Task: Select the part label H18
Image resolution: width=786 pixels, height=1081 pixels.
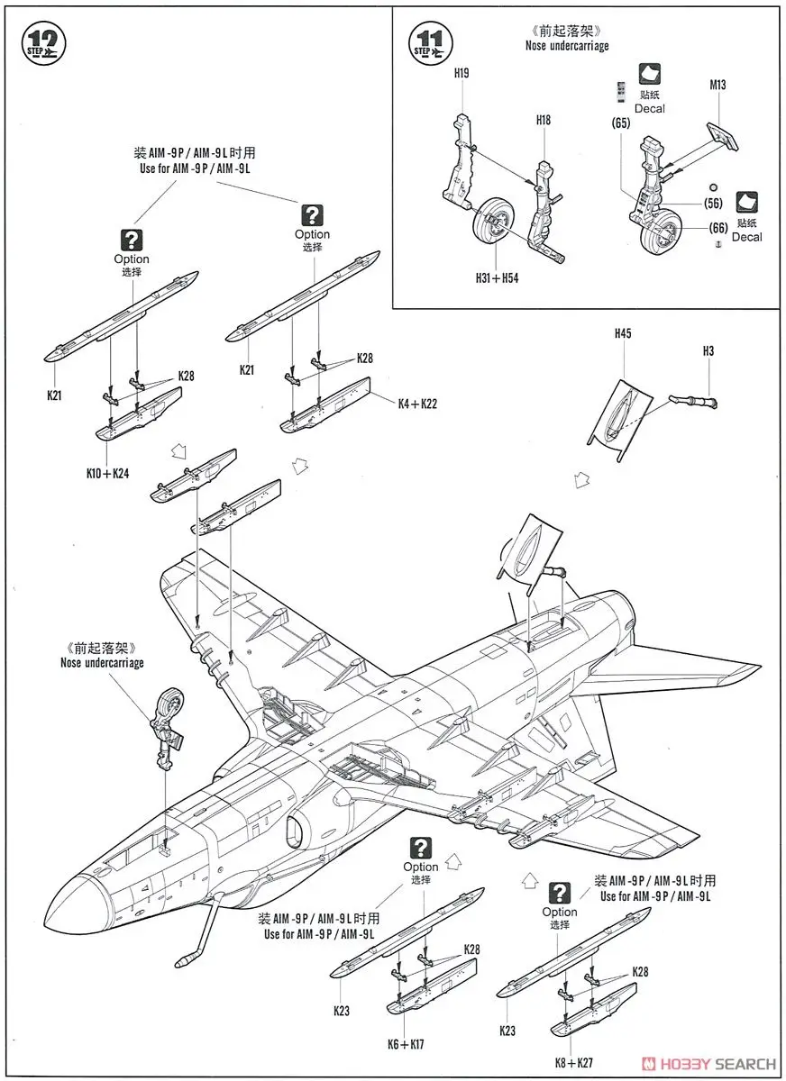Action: tap(543, 120)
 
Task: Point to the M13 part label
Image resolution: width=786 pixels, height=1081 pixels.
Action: tap(717, 86)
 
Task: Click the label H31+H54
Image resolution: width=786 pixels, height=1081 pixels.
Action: tap(498, 278)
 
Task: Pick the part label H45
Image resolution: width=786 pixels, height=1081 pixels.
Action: tap(623, 333)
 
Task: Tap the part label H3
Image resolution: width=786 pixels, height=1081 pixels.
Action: tap(708, 350)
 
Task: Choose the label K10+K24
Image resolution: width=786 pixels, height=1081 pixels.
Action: tap(107, 472)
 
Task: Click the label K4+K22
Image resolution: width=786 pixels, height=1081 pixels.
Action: tap(417, 404)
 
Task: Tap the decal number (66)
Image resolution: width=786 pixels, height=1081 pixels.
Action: tap(717, 229)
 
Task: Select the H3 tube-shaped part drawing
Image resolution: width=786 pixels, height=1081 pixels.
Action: tap(691, 397)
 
